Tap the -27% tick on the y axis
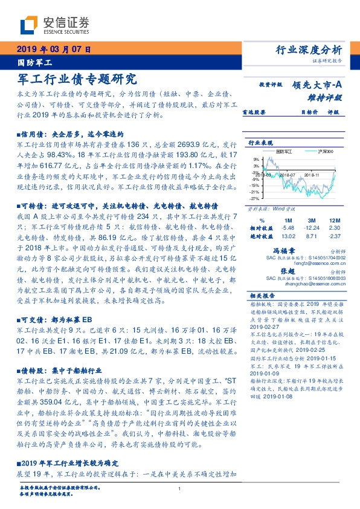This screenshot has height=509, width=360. (x=256, y=198)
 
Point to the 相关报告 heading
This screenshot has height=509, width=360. (x=263, y=295)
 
